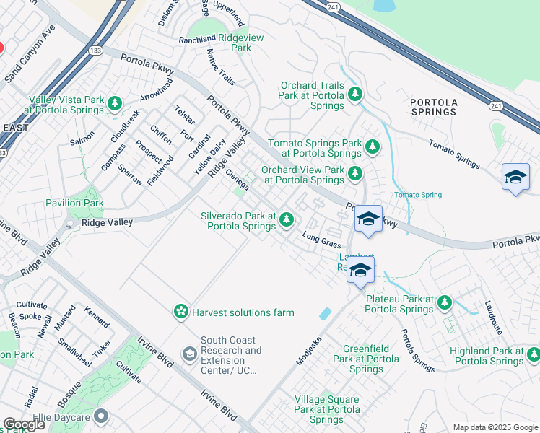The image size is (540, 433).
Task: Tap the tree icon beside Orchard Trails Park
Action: pos(354,94)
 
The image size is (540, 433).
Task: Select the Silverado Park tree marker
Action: pos(287,219)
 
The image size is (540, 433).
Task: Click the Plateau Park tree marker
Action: pos(445,303)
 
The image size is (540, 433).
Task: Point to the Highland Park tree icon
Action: pos(534,354)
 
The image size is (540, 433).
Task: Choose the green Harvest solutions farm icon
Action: pos(180,312)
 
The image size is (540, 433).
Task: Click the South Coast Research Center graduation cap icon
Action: pos(189,354)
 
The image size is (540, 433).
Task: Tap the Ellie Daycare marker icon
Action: pos(100,416)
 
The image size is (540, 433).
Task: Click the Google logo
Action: pos(25,424)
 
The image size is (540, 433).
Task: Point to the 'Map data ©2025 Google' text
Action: pos(495,427)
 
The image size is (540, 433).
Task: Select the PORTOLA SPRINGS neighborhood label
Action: pos(433,108)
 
